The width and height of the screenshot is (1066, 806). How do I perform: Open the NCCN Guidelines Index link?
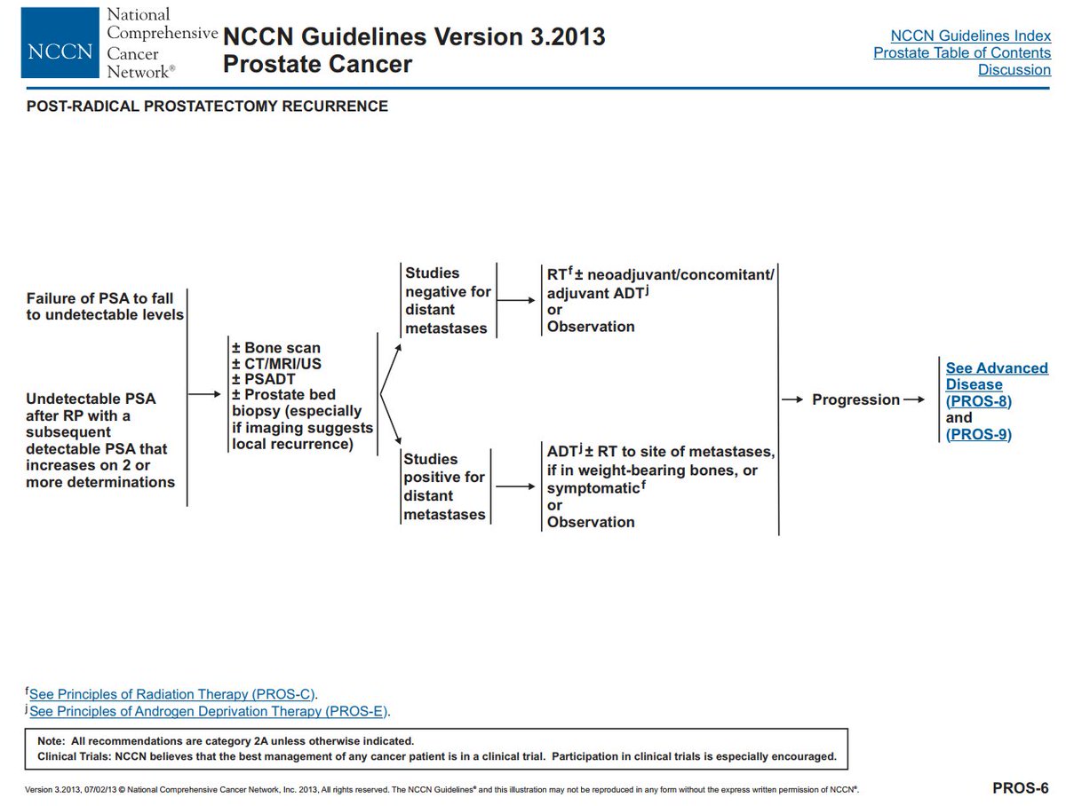(970, 36)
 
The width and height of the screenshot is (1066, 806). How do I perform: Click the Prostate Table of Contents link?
(961, 52)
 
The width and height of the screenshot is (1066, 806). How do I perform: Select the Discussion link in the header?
(1014, 69)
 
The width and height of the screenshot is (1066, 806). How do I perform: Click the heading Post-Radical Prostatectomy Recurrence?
(207, 107)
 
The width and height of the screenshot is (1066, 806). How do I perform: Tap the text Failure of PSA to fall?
(99, 298)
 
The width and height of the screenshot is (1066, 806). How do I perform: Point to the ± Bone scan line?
(276, 348)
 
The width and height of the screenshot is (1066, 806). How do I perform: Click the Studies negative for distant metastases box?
(447, 301)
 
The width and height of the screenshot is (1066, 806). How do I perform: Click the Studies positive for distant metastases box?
(444, 486)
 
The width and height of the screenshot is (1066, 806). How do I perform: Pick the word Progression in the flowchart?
(855, 400)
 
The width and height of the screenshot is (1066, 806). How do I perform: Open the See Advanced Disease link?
(996, 376)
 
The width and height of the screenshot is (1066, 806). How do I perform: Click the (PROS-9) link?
(978, 434)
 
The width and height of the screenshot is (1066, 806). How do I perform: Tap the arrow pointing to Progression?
(792, 400)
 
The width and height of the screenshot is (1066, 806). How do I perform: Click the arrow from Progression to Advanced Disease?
(915, 400)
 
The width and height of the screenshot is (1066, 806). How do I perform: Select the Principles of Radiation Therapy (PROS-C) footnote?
(173, 694)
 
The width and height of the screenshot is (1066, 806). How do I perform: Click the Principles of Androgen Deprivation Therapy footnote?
(210, 711)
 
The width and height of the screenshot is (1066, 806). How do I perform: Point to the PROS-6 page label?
(1020, 787)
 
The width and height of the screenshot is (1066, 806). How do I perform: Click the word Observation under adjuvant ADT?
(591, 327)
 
